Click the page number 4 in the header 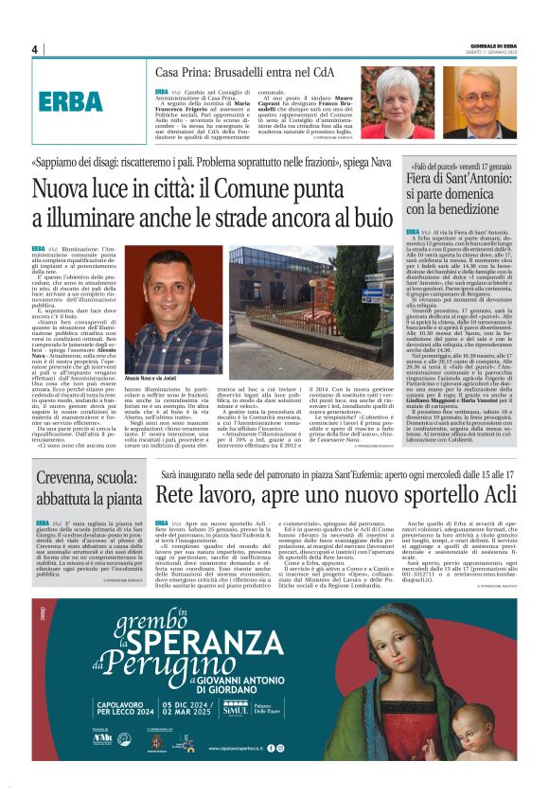[35, 49]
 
